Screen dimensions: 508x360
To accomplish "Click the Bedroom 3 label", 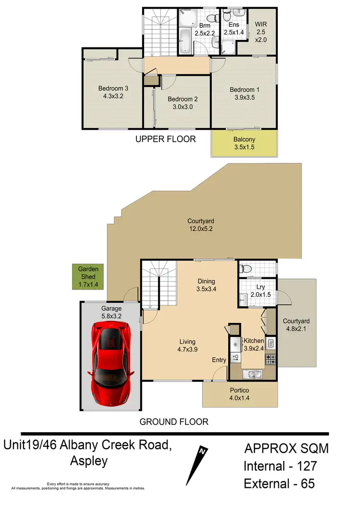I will click(113, 92).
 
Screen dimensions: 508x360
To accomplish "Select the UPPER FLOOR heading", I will click(166, 139).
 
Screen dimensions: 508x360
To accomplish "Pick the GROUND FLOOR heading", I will click(174, 422).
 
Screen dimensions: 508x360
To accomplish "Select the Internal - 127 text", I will click(280, 466).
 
